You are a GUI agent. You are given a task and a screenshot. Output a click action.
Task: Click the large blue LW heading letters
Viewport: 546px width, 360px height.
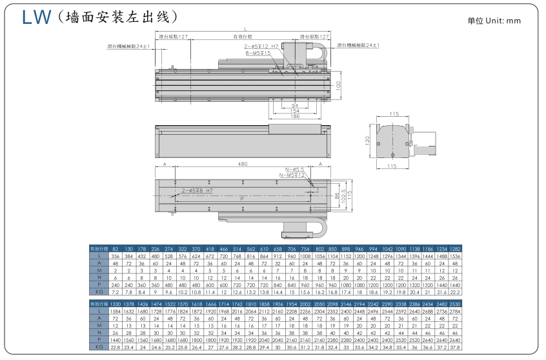coord(36,17)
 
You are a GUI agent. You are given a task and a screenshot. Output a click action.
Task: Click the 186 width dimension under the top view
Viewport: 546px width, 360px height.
coord(295,117)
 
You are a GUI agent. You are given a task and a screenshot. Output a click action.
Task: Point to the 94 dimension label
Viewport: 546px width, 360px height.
coord(295,105)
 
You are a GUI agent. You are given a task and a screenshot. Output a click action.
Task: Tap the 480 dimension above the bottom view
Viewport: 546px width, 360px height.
coord(242,165)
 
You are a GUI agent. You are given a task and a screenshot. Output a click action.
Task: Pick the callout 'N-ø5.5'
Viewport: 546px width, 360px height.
coord(292,169)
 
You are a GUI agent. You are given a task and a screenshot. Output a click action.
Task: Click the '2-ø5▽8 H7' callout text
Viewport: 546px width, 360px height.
coord(197,191)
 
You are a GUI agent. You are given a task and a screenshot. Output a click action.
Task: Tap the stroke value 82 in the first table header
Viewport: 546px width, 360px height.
coord(115,248)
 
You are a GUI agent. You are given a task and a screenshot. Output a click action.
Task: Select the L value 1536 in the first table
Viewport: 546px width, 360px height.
coord(456,256)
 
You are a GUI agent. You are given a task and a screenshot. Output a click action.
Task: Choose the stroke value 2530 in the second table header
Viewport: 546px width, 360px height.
coord(456,303)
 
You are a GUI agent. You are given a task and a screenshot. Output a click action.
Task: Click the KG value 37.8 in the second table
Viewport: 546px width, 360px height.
coord(456,347)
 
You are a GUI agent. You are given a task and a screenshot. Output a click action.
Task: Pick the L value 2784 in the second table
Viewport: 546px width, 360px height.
coord(456,312)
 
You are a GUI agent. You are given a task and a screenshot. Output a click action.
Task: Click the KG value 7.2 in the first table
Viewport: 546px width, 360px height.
coord(115,292)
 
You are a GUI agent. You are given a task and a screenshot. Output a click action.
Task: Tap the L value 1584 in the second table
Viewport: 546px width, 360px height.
coord(115,312)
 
